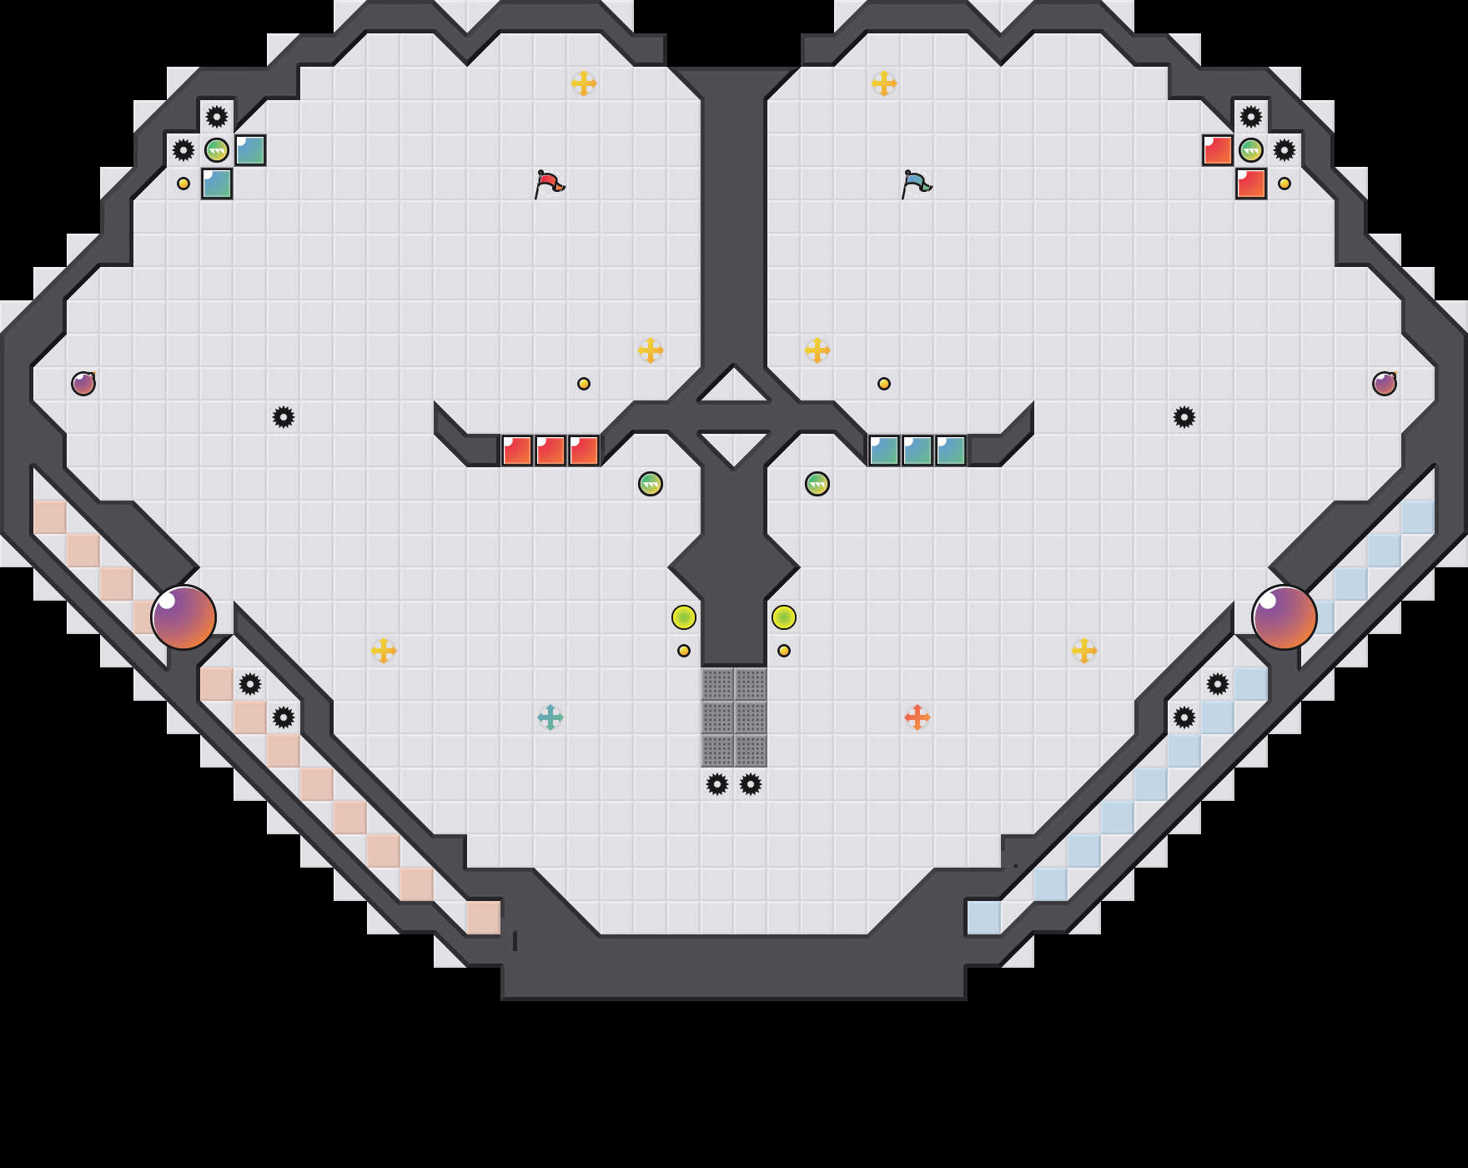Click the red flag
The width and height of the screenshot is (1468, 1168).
(549, 184)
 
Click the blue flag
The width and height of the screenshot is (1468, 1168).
(916, 184)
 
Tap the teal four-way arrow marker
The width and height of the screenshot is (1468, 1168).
(550, 717)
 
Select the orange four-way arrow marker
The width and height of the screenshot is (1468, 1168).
(917, 717)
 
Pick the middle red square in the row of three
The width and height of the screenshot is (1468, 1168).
(550, 451)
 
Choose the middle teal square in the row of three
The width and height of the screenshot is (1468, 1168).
(917, 451)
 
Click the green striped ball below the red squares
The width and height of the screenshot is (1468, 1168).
(651, 484)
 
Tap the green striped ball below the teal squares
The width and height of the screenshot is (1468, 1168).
(817, 484)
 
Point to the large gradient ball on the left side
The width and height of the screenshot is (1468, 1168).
(183, 617)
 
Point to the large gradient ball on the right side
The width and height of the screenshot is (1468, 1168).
(1284, 617)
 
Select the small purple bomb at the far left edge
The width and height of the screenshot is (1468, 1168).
(83, 384)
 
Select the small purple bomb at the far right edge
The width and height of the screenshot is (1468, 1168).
(1385, 384)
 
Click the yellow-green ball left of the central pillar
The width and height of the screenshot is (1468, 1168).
(684, 617)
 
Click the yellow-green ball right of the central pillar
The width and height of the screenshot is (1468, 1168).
(784, 617)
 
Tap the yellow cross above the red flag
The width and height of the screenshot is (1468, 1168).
(584, 83)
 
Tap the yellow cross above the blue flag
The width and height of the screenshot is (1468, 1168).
(884, 83)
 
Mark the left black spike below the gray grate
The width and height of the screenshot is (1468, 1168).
(717, 784)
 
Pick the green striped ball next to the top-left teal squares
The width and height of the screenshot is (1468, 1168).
(217, 150)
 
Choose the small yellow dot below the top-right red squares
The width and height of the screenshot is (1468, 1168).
(1284, 184)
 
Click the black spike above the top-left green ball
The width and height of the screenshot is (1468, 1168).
(217, 117)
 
